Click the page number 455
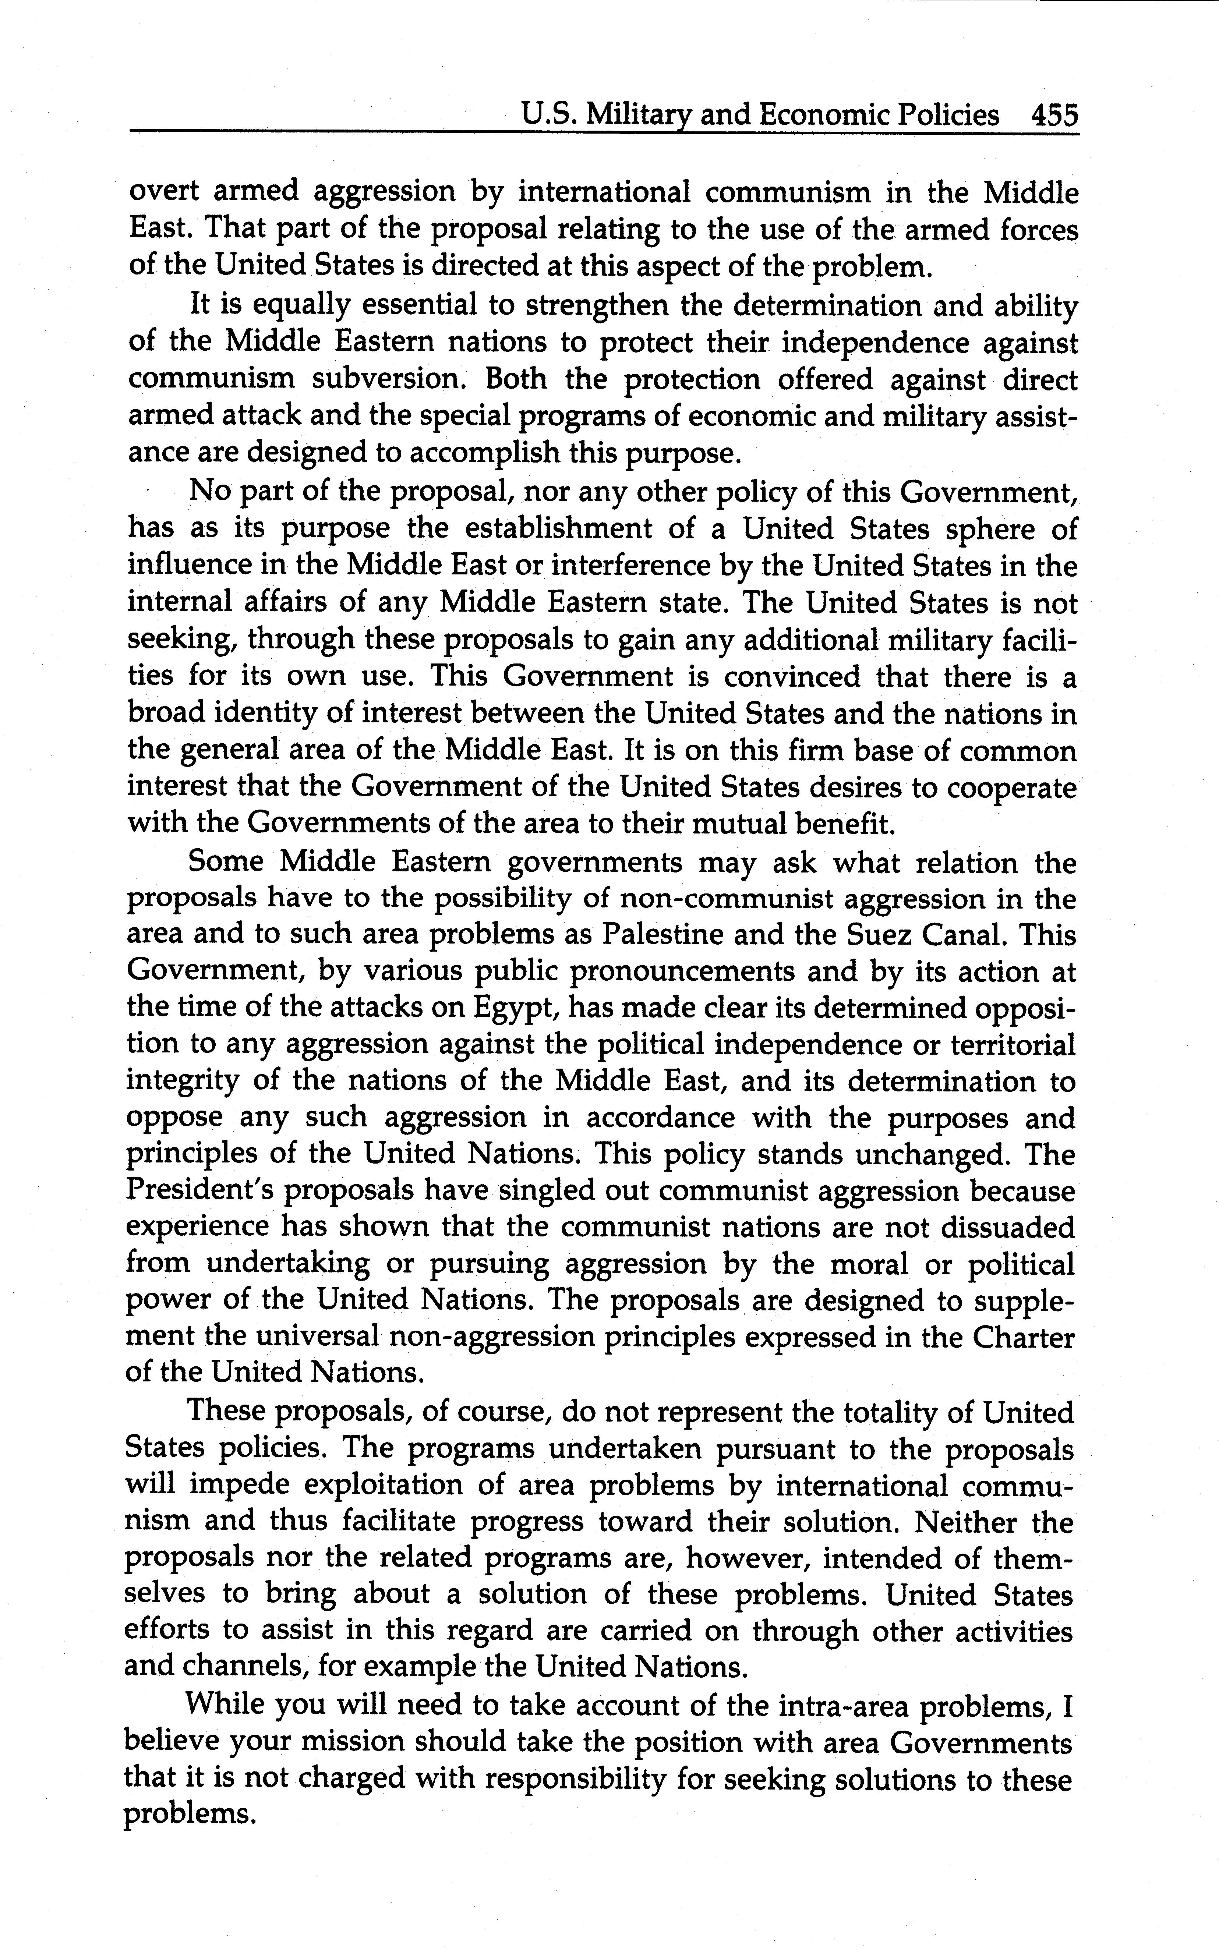1054,115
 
